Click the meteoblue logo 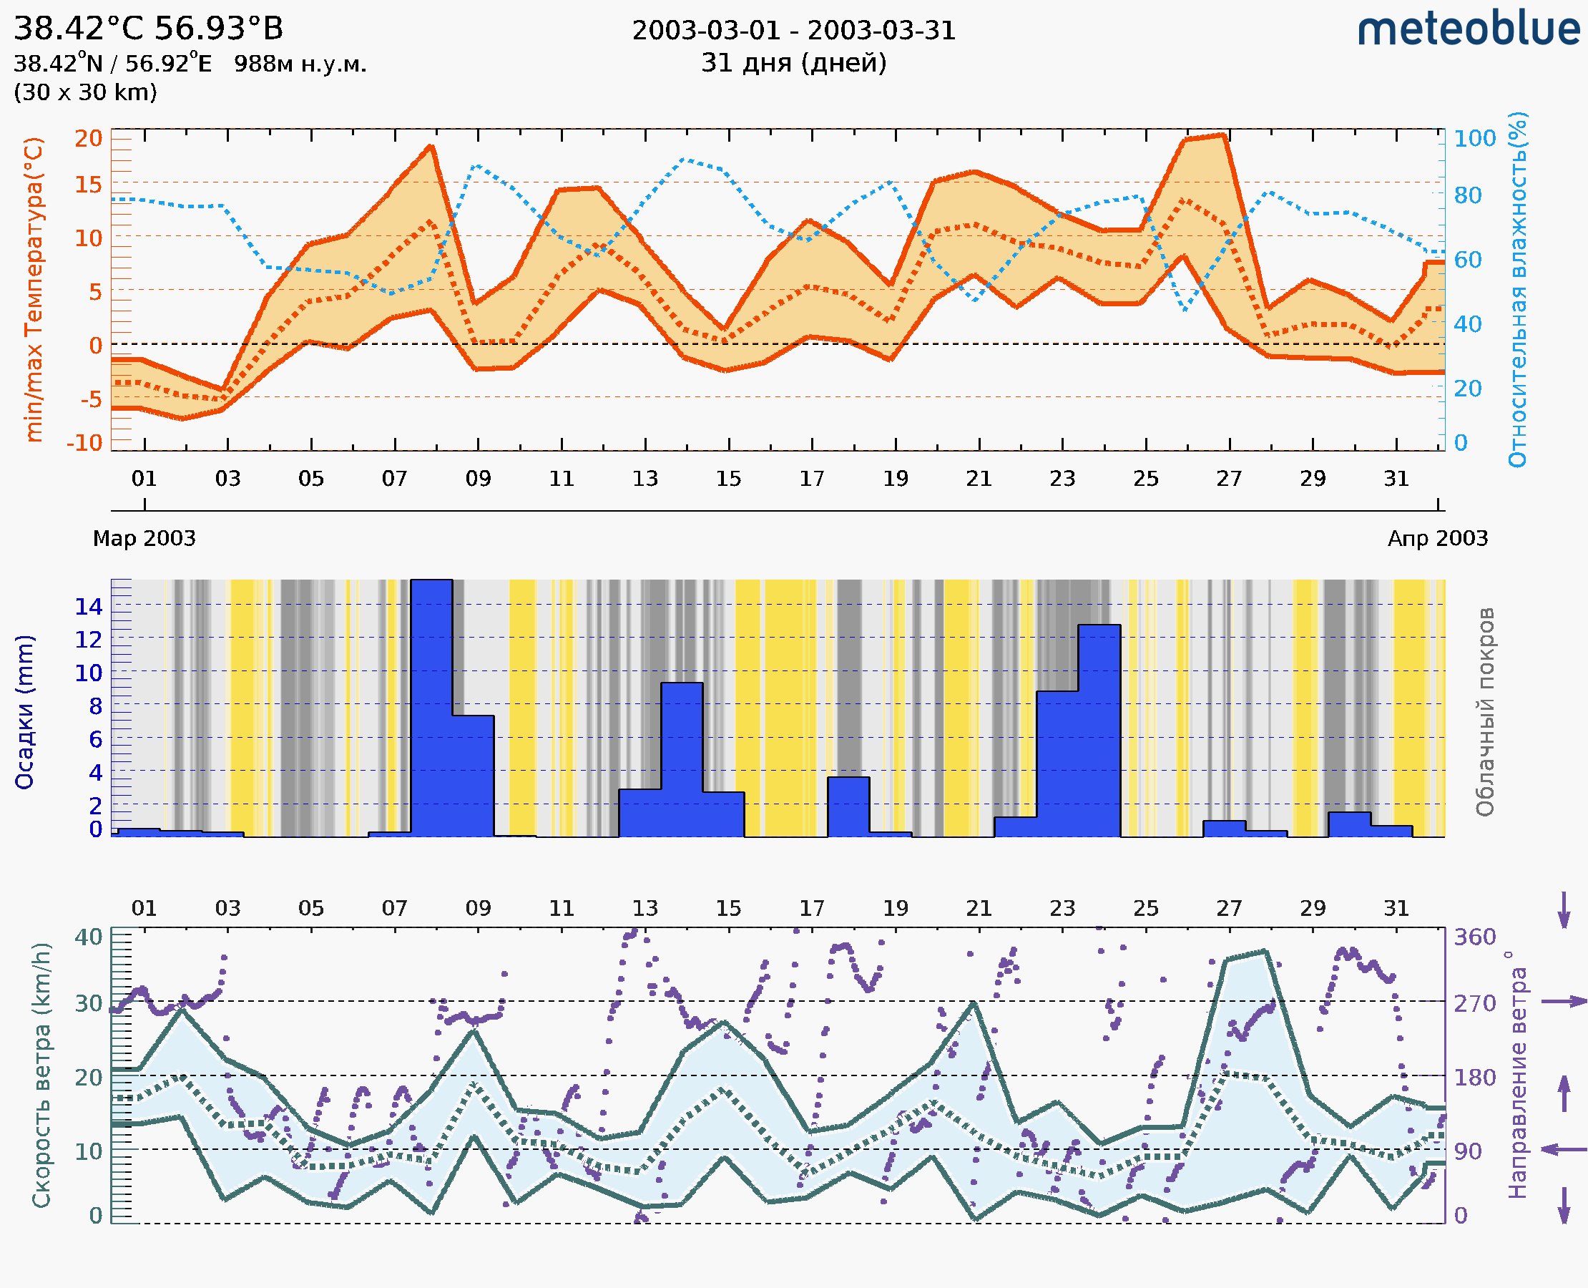click(x=1468, y=29)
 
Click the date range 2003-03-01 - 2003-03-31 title click(x=793, y=31)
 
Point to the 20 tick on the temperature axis click(x=88, y=138)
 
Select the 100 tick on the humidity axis click(x=1474, y=138)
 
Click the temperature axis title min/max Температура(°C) click(x=34, y=289)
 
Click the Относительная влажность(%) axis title click(x=1517, y=289)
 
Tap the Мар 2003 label click(x=144, y=538)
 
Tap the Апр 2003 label click(x=1438, y=538)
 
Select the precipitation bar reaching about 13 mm click(x=1099, y=731)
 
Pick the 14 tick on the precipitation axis click(x=88, y=606)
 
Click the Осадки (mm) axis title click(x=24, y=711)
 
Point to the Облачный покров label click(x=1484, y=711)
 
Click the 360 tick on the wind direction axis click(x=1474, y=937)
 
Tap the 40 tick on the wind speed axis click(x=88, y=937)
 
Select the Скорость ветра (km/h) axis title click(x=41, y=1075)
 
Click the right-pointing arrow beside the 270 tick click(x=1564, y=1002)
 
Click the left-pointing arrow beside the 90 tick click(x=1564, y=1149)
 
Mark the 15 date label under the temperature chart click(x=728, y=479)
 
